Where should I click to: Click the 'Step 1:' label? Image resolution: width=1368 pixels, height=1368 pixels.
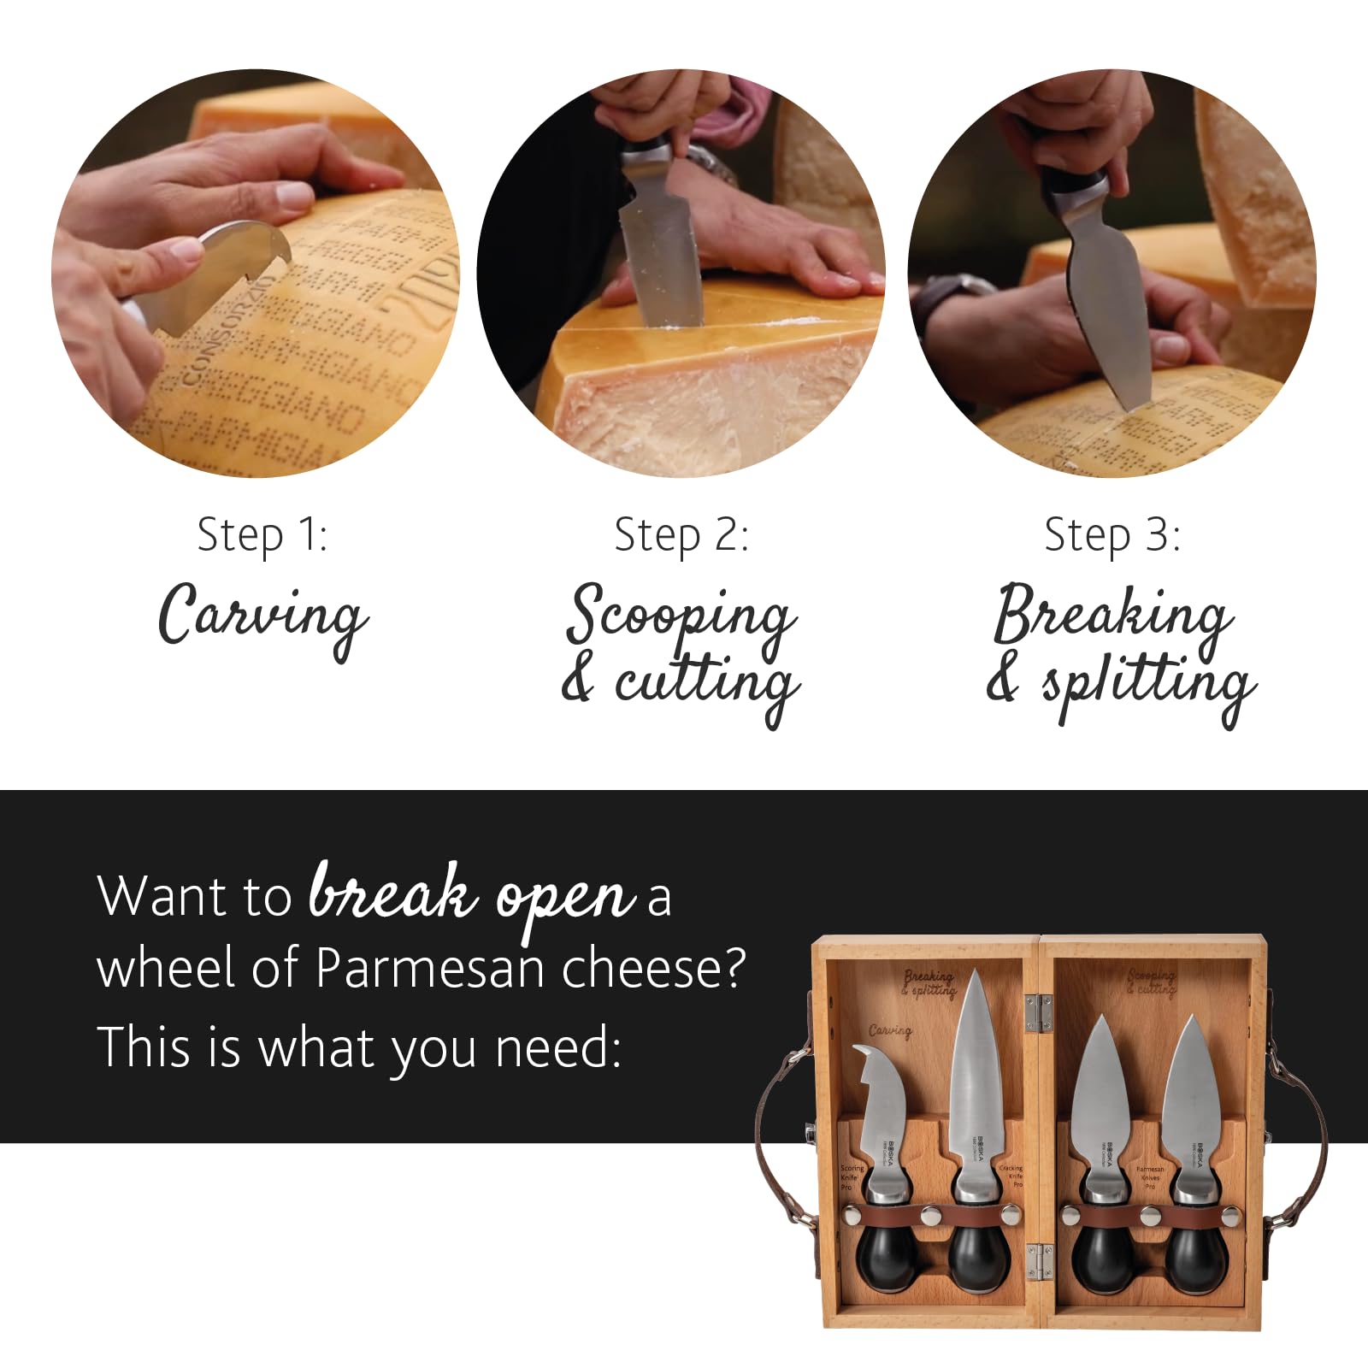click(x=262, y=536)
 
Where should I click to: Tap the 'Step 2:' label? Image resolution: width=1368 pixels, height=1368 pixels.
click(x=681, y=536)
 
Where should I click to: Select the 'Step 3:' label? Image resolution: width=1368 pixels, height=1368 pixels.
click(x=1112, y=536)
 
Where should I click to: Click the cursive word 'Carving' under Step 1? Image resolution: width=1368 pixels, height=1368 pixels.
click(x=263, y=616)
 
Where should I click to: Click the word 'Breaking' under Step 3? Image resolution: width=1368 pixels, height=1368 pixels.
click(x=1112, y=614)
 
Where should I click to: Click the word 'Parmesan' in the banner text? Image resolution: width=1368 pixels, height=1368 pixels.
click(x=430, y=969)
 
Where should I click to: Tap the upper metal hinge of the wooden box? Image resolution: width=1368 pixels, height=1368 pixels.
click(x=1037, y=1011)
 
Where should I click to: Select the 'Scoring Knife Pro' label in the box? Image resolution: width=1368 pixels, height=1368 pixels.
click(x=851, y=1177)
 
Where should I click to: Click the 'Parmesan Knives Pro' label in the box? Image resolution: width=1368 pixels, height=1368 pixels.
click(x=1150, y=1177)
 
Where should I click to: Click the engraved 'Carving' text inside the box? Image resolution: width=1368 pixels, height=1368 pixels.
click(x=890, y=1031)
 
